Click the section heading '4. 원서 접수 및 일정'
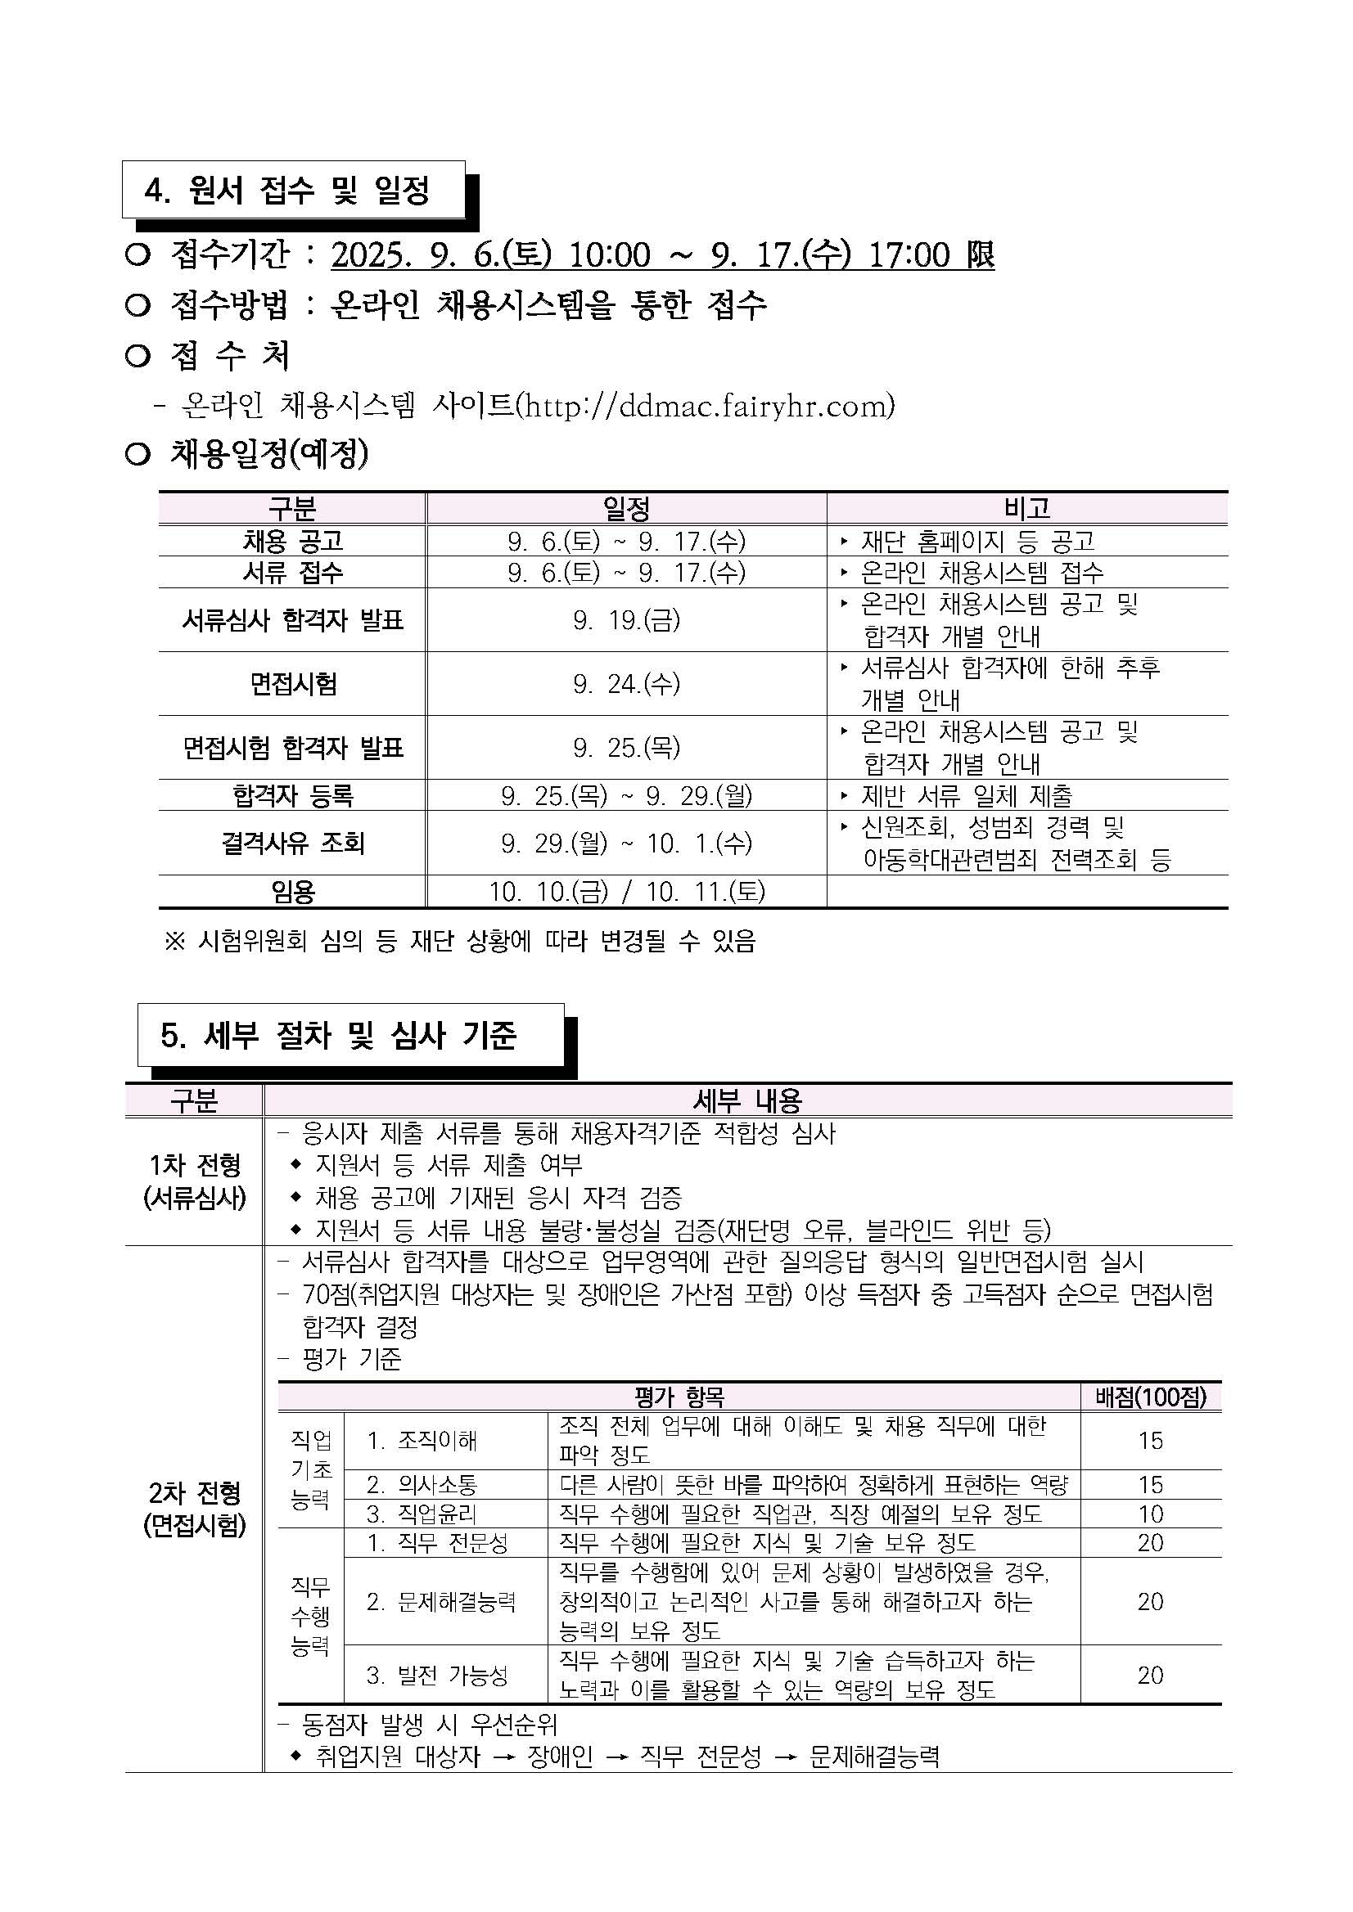287,191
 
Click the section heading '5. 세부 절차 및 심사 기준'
339,1035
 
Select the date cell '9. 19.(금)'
625,619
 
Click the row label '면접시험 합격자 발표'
292,748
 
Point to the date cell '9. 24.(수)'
625,684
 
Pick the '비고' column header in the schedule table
1026,508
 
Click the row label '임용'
292,892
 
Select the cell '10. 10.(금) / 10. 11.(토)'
625,892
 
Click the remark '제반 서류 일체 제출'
967,795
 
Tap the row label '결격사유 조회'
292,843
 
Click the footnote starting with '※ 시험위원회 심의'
460,941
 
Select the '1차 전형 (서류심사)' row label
195,1181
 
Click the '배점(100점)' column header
1151,1397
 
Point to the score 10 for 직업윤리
1151,1514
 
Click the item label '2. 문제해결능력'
441,1601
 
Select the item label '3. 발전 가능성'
437,1675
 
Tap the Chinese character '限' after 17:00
981,254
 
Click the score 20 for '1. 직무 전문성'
1151,1543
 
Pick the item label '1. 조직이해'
422,1441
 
